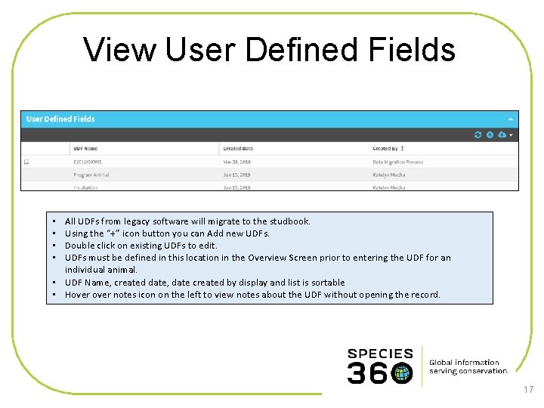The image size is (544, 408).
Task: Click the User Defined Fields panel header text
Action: click(x=60, y=119)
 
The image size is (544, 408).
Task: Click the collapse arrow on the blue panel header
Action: click(x=511, y=119)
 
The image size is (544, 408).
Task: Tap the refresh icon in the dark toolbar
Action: click(x=478, y=134)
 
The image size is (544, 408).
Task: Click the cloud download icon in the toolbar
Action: click(x=502, y=134)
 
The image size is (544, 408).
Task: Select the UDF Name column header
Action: click(x=85, y=149)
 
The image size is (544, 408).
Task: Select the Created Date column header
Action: click(x=238, y=149)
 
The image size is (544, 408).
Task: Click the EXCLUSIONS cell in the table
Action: click(x=88, y=162)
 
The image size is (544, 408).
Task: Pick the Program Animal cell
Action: click(x=91, y=175)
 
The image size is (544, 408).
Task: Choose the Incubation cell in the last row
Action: click(x=85, y=187)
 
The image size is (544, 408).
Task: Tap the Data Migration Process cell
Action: click(x=399, y=162)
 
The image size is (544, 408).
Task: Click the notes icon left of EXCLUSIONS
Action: click(x=26, y=162)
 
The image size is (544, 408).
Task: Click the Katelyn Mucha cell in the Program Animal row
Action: click(x=389, y=175)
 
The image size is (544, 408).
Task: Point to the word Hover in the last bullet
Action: click(x=78, y=295)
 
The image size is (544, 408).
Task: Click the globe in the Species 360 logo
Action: click(x=402, y=373)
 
